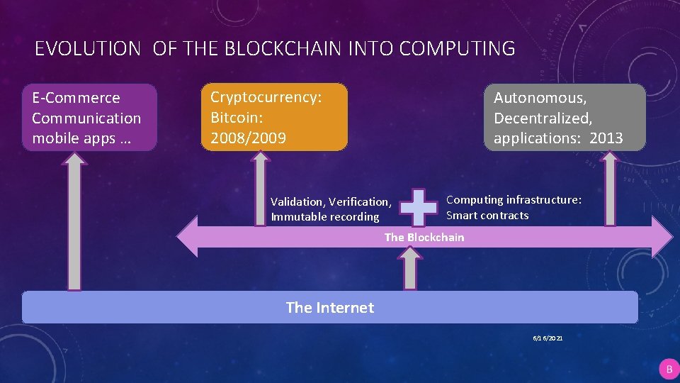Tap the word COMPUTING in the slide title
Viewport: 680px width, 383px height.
pos(457,49)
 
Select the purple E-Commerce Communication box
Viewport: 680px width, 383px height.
pos(89,118)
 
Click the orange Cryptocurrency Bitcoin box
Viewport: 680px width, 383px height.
pos(275,118)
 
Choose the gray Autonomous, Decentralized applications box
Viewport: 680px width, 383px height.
pos(565,118)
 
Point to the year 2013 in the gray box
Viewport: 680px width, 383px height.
pos(606,138)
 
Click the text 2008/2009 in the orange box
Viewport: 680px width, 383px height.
pos(248,138)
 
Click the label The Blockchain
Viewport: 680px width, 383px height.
pos(424,237)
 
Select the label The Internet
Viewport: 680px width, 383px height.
pos(329,307)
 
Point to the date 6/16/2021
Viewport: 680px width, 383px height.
pos(548,339)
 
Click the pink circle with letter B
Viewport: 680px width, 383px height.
pos(668,369)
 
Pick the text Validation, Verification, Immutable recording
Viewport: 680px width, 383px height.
pos(330,209)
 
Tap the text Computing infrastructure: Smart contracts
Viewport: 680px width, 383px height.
pos(514,207)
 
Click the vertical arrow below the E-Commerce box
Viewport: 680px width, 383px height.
pos(74,223)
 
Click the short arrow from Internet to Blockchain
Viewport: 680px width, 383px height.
pos(409,270)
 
